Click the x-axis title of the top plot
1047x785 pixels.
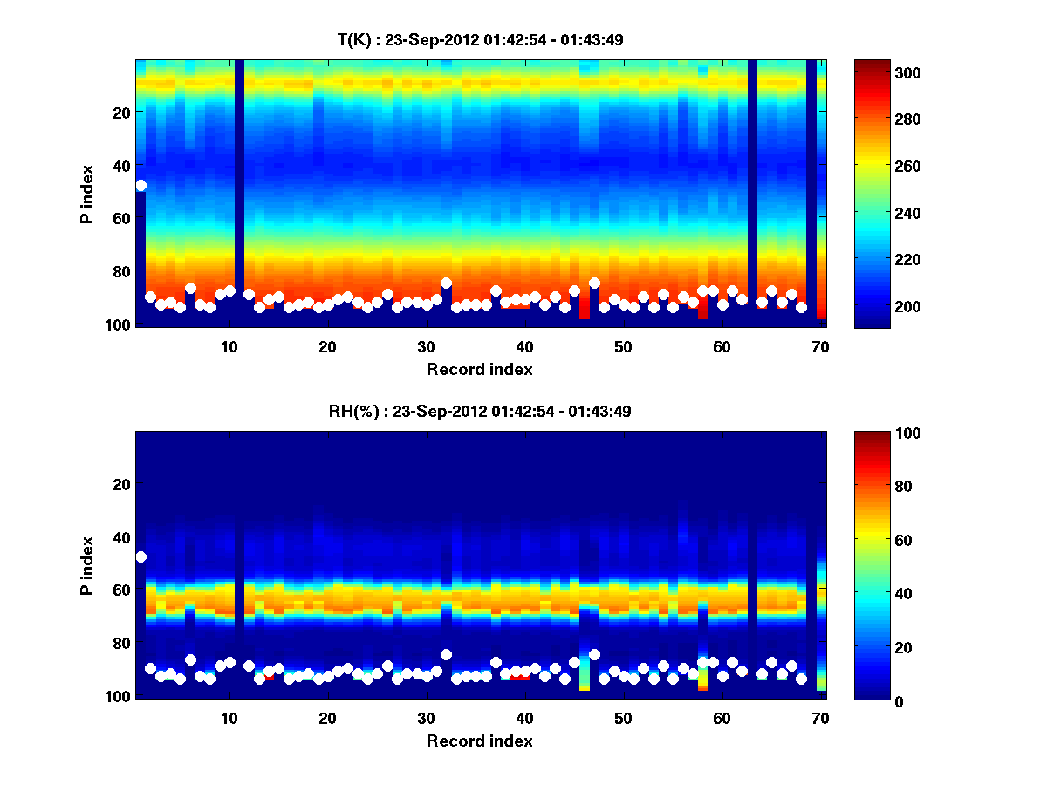click(x=479, y=369)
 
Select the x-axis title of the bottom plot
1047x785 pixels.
click(x=479, y=741)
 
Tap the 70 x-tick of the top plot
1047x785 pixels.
click(x=819, y=346)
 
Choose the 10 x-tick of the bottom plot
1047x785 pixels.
click(x=229, y=718)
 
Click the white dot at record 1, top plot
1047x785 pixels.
click(x=140, y=185)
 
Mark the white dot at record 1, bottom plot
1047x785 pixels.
click(x=140, y=556)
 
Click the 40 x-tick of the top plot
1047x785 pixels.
click(x=523, y=346)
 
